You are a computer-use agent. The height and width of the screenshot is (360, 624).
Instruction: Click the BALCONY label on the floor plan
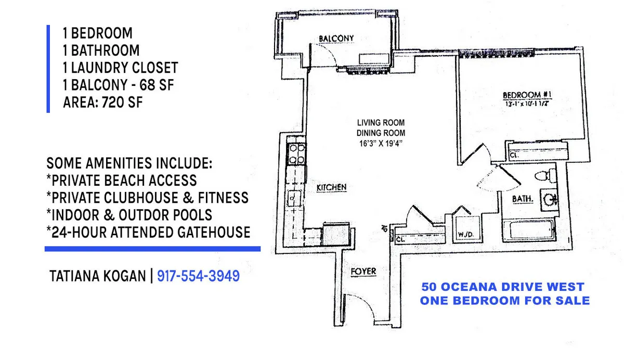tap(336, 38)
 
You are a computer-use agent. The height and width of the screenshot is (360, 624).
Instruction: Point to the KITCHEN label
tap(332, 187)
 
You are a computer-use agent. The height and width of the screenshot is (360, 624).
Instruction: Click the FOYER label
tap(363, 272)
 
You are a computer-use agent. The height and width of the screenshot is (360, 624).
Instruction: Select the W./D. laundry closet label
tap(464, 234)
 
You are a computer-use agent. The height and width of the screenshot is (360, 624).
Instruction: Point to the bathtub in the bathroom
tap(527, 228)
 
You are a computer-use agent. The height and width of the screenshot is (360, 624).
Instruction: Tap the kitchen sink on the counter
tap(294, 198)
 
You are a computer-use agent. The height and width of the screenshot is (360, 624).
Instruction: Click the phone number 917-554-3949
tap(198, 276)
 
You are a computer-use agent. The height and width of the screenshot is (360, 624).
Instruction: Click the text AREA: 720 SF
tap(102, 102)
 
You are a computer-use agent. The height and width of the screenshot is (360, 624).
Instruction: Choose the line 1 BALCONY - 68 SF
tap(118, 85)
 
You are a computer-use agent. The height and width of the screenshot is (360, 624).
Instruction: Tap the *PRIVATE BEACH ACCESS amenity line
tap(122, 180)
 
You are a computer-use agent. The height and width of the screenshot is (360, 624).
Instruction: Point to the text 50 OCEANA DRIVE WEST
tap(503, 287)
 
